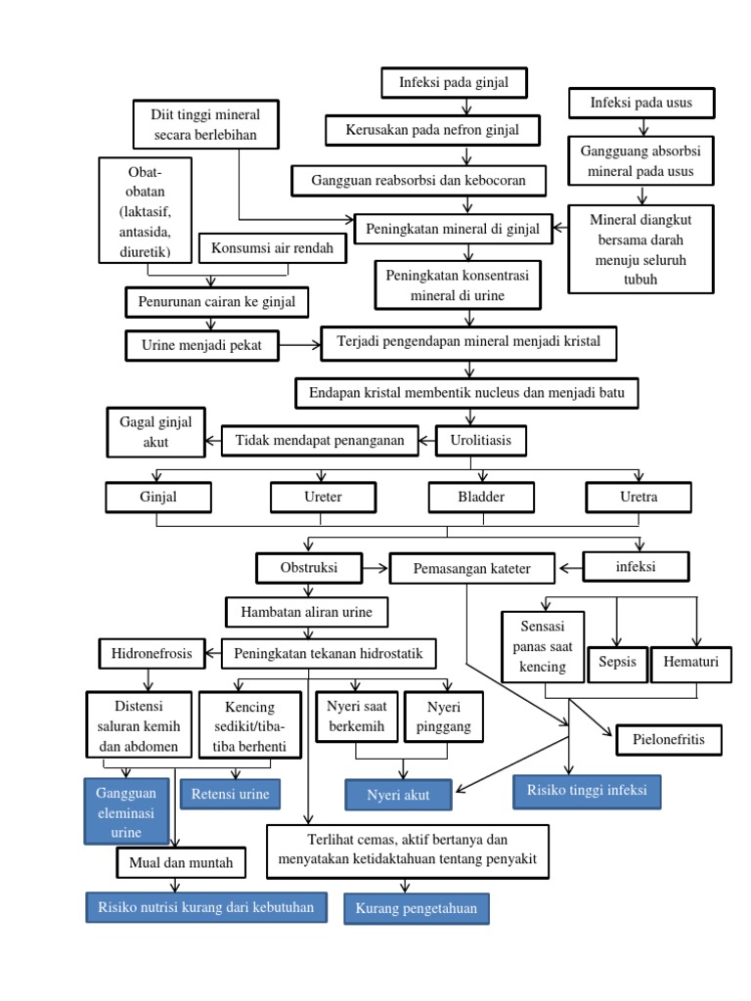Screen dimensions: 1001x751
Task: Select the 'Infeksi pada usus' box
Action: coord(641,103)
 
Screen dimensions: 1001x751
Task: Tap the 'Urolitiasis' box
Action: coord(480,442)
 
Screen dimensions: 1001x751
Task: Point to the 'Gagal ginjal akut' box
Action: coord(156,432)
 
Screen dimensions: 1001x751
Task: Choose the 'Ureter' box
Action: coord(323,498)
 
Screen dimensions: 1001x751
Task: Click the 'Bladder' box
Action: coord(481,498)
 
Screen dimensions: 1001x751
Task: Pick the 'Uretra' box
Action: coord(639,498)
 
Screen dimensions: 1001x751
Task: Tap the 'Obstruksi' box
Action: coord(309,568)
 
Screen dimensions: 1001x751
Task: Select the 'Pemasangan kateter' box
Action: coord(472,568)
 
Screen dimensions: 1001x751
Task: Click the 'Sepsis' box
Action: coord(617,663)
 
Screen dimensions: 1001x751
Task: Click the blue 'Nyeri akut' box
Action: coord(399,795)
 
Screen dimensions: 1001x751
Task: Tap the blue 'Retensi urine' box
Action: coord(230,794)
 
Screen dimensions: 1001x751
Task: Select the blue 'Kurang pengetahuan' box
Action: coord(417,909)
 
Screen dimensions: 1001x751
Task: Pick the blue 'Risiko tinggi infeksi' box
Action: coord(587,791)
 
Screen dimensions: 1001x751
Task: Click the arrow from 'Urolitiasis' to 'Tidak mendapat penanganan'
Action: coord(426,442)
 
